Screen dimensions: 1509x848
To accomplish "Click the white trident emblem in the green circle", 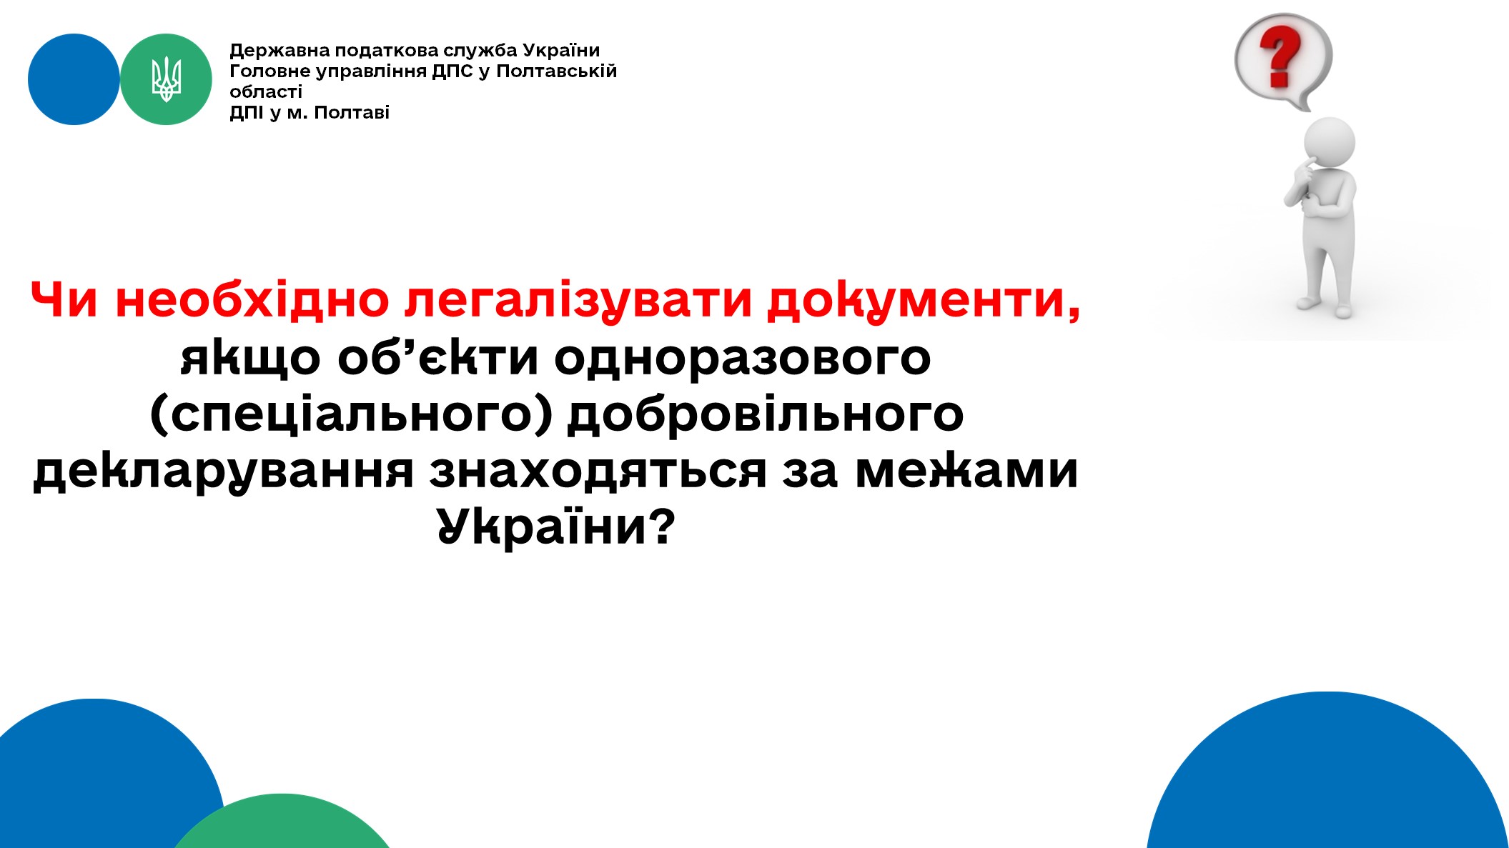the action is pyautogui.click(x=166, y=79).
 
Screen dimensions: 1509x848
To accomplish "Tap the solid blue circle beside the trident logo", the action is pyautogui.click(x=74, y=79).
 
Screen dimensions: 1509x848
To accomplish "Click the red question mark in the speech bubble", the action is pyautogui.click(x=1280, y=56).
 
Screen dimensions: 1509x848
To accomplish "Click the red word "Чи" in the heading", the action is pyautogui.click(x=64, y=299).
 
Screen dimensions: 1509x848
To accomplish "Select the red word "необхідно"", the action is pyautogui.click(x=252, y=299).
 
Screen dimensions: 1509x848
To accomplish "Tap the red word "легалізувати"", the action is pyautogui.click(x=578, y=299).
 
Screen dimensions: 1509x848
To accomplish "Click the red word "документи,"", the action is pyautogui.click(x=924, y=301).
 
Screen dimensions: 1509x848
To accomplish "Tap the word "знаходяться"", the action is pyautogui.click(x=598, y=472).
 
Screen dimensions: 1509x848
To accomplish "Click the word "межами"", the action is pyautogui.click(x=966, y=471).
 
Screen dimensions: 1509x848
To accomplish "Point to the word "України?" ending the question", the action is pyautogui.click(x=555, y=527).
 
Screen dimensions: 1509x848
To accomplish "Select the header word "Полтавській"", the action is pyautogui.click(x=556, y=71).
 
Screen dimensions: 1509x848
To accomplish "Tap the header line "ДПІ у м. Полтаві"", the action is pyautogui.click(x=310, y=113).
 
